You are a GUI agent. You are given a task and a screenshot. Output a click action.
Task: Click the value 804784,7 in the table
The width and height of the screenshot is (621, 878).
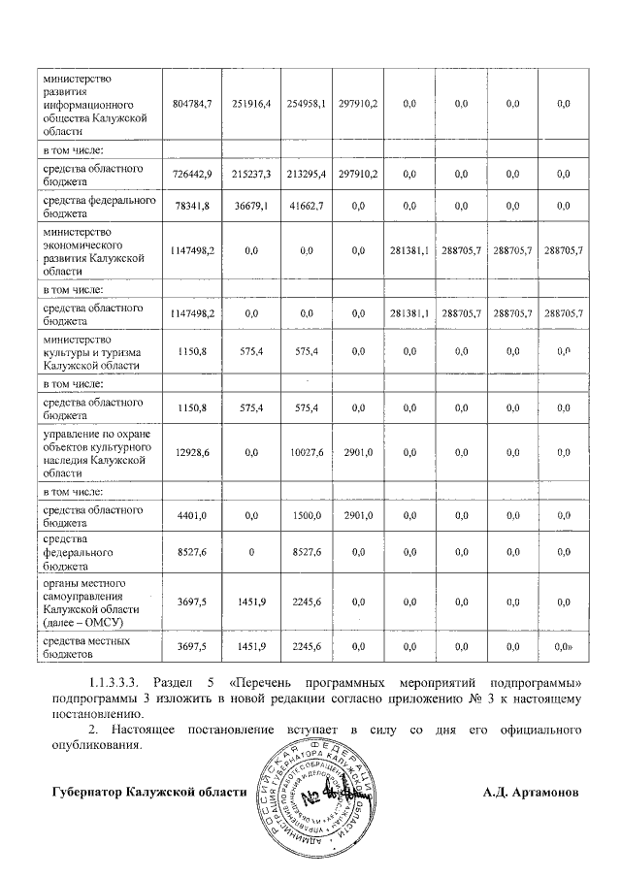[x=191, y=103]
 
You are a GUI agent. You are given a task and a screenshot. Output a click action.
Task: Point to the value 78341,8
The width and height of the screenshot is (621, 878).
[x=191, y=206]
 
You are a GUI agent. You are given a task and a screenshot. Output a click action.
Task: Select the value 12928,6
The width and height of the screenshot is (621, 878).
[x=191, y=452]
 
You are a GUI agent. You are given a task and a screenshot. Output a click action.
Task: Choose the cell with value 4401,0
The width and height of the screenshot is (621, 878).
[x=191, y=516]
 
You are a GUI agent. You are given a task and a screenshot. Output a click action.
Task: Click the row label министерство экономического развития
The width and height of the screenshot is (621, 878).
[x=93, y=252]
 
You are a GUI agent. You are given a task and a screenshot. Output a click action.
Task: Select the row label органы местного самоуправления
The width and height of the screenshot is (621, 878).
[x=93, y=602]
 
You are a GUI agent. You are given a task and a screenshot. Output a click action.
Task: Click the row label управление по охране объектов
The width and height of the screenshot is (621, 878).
[x=93, y=452]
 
